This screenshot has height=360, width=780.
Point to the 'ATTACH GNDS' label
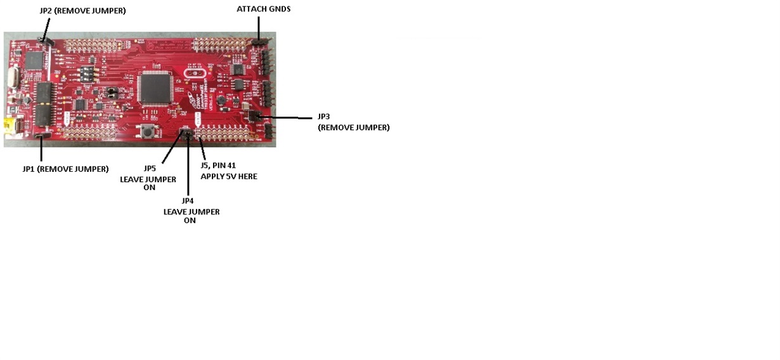coord(263,9)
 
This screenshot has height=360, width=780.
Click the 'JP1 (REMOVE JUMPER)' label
coord(65,169)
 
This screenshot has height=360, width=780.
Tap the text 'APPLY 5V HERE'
coord(229,176)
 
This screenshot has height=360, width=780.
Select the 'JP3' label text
coord(323,117)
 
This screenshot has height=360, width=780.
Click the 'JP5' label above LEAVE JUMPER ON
coord(149,169)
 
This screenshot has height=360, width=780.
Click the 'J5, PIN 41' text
coord(218,165)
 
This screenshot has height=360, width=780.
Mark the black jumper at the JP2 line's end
coord(45,41)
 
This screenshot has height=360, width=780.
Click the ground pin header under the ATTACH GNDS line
coord(259,42)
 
